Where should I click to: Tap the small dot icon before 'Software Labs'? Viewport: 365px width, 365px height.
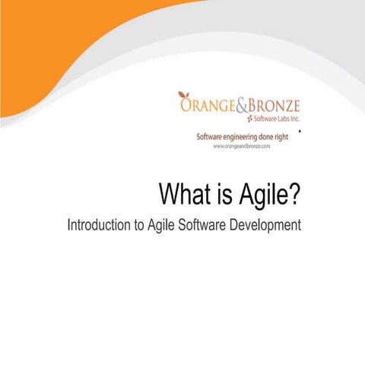[x=249, y=119]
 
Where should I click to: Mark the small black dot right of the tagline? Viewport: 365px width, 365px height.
[x=301, y=131]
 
